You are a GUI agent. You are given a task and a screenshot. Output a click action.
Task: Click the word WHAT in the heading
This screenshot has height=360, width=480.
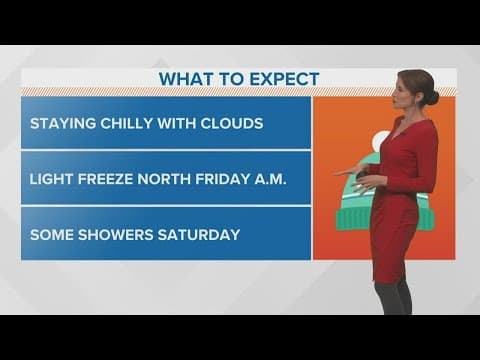click(183, 79)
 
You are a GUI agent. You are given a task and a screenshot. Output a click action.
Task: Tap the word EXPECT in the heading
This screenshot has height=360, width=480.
click(283, 79)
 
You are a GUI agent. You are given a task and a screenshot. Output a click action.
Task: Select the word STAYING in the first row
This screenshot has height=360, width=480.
click(63, 124)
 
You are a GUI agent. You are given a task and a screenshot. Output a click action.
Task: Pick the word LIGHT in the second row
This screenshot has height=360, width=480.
click(52, 180)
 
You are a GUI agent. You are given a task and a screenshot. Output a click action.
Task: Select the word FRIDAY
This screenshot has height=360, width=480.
click(229, 180)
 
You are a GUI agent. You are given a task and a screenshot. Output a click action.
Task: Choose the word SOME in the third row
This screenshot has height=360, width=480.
click(50, 235)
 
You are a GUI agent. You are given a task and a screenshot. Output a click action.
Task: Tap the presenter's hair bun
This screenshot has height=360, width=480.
click(433, 97)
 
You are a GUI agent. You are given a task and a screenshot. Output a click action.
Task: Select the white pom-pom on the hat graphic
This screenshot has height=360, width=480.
click(381, 141)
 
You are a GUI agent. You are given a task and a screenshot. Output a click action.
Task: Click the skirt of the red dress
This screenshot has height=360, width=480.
click(393, 240)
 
